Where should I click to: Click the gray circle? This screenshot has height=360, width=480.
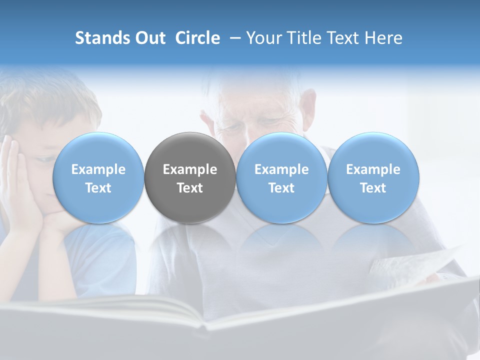[190, 178]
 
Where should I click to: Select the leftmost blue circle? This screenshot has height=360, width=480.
[98, 178]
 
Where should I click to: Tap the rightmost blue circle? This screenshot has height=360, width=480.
[373, 178]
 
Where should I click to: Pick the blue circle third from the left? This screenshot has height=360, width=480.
[281, 178]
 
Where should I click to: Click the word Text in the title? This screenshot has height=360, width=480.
[343, 38]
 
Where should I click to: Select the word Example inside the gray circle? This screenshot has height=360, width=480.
[190, 169]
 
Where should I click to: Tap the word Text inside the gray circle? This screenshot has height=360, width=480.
[190, 188]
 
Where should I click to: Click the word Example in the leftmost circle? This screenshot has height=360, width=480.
[98, 169]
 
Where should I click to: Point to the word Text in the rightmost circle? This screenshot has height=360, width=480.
[373, 188]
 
